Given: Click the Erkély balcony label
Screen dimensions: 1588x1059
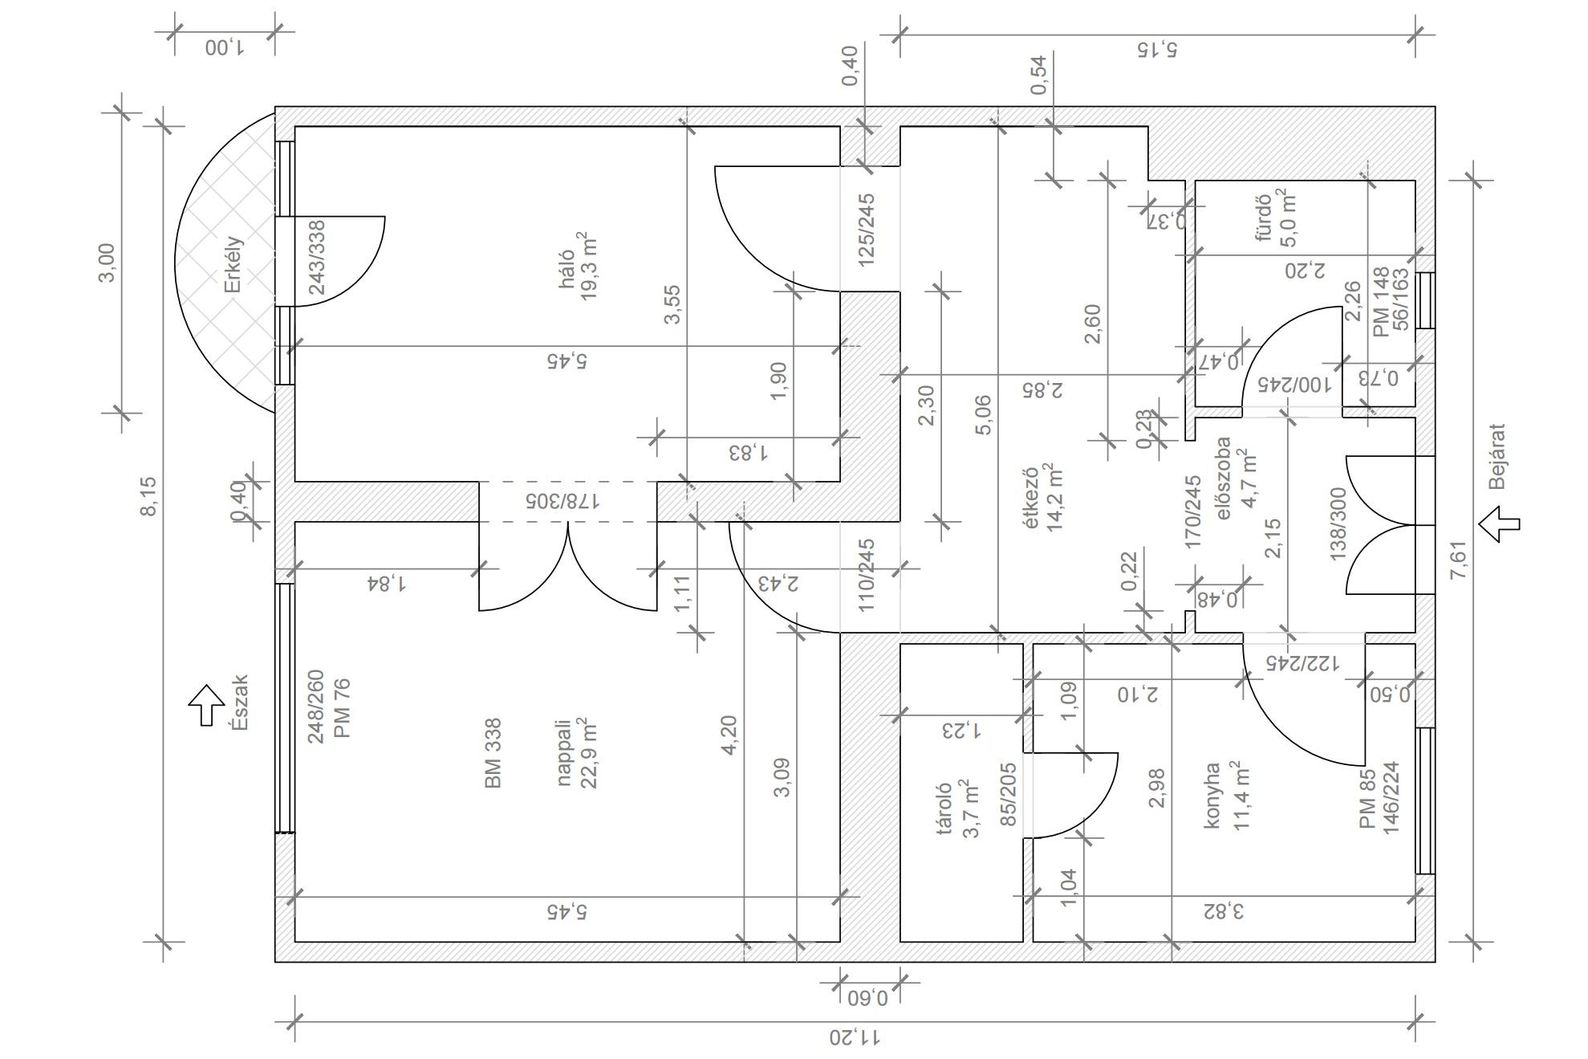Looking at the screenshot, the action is pos(233,264).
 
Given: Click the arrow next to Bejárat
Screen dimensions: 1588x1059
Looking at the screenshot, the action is pos(1499,524).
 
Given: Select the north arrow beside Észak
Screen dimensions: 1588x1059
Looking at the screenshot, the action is pos(206,705).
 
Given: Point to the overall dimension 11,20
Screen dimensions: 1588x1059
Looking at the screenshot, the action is pos(855,1037).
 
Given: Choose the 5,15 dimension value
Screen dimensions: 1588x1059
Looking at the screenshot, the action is pos(1157,50).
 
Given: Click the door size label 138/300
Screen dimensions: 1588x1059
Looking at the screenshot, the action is pos(1338,524).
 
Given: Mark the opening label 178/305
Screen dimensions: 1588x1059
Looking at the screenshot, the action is pos(563,501).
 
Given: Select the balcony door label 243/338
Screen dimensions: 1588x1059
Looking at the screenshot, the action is pos(317,258).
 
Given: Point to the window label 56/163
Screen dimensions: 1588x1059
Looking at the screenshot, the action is pos(1401,299).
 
